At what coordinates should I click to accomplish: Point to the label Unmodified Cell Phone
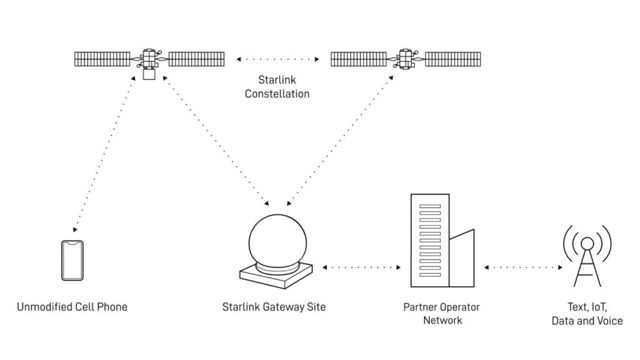tap(72, 307)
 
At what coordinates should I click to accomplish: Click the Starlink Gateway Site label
tap(274, 307)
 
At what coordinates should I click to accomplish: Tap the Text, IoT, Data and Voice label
tap(587, 314)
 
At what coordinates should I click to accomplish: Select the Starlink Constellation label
tap(277, 87)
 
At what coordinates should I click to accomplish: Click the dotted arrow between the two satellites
tap(277, 59)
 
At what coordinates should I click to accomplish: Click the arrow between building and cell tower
tap(524, 267)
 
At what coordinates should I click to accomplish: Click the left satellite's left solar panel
tap(102, 59)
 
